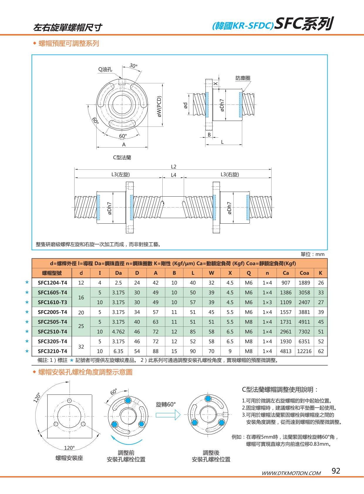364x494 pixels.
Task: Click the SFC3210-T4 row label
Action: click(x=52, y=351)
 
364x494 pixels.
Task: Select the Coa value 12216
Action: click(x=304, y=351)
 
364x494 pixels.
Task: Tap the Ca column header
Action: click(x=286, y=273)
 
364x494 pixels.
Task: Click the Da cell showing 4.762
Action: click(x=118, y=331)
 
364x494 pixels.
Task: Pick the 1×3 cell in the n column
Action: click(x=267, y=302)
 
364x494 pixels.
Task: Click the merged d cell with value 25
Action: click(x=81, y=326)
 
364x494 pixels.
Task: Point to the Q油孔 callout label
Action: click(x=105, y=70)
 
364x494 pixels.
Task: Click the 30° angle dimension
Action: click(x=133, y=66)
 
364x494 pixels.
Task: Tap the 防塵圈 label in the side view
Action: click(x=243, y=78)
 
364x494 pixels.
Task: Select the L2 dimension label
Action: click(x=173, y=166)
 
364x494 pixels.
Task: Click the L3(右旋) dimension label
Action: click(x=230, y=174)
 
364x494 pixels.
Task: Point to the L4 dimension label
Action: click(x=173, y=175)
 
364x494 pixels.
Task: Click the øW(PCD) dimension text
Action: click(x=159, y=107)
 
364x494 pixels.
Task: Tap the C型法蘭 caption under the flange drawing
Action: click(x=122, y=157)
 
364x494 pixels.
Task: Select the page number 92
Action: click(x=336, y=471)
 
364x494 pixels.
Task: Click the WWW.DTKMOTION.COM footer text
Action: click(x=291, y=473)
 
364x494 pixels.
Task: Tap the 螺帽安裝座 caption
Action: click(x=69, y=458)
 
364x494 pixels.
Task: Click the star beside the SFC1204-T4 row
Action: click(x=27, y=282)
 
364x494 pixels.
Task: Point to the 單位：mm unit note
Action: click(x=312, y=254)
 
